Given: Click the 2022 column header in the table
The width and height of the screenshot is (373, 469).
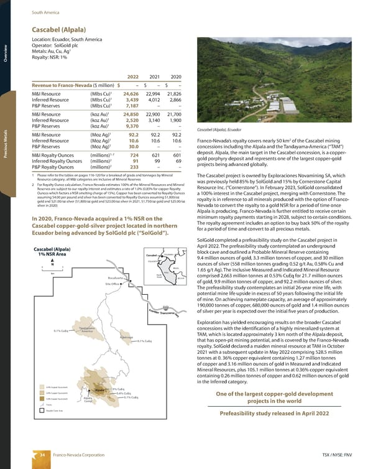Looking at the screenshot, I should coord(132,77).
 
